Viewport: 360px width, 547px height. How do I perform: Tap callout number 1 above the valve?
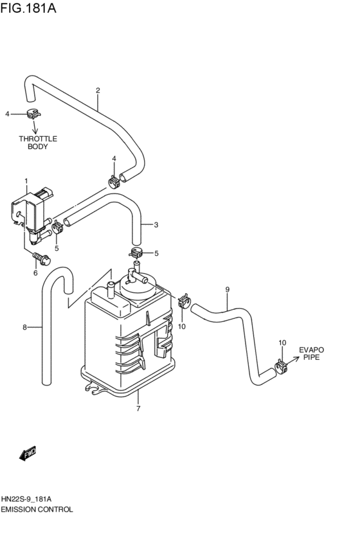coord(26,181)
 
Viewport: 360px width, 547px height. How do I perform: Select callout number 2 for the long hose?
coord(98,90)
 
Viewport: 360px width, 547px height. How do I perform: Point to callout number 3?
coord(155,225)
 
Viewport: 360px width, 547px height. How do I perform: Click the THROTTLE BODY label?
coord(38,142)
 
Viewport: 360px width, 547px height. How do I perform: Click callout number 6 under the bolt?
coord(35,273)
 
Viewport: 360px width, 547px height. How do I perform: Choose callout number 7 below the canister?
coord(138,408)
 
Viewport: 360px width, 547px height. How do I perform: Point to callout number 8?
coord(24,327)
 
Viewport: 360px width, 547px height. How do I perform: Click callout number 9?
coord(227,289)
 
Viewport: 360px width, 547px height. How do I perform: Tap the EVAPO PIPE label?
coord(311,354)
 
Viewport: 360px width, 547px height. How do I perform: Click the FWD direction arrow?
coord(28,454)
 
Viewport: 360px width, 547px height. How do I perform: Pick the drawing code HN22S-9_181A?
coord(28,499)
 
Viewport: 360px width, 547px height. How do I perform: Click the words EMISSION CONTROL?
coord(37,509)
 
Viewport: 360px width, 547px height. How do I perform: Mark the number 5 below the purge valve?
coord(57,248)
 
